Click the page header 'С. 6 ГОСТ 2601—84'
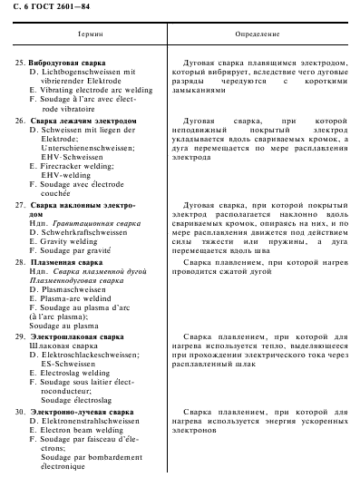tap(46, 8)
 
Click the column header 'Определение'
tap(257, 33)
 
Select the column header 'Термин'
tap(88, 33)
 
